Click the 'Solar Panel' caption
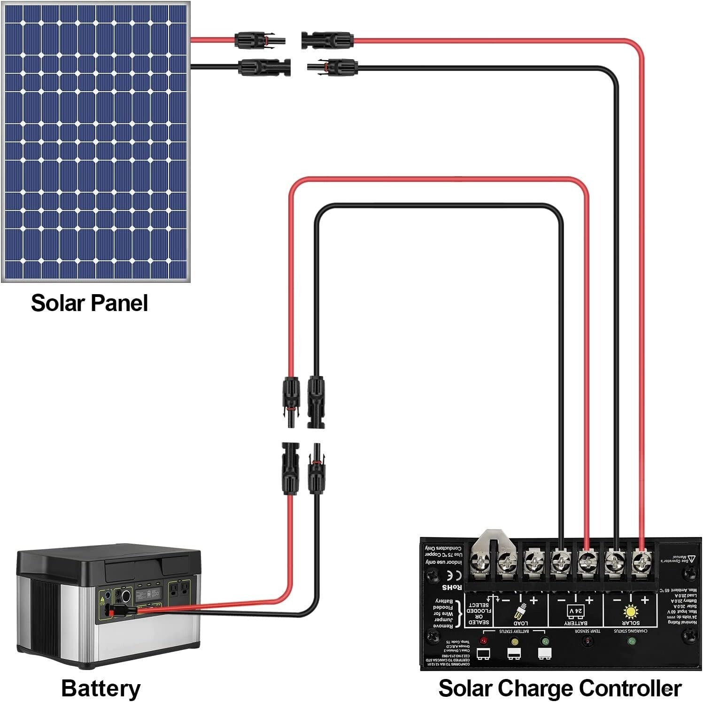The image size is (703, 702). click(x=89, y=303)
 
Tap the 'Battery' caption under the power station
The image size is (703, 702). click(x=100, y=688)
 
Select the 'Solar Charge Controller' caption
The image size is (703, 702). click(x=560, y=688)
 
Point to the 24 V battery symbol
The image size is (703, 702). click(x=576, y=611)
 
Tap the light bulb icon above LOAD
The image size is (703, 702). click(x=520, y=612)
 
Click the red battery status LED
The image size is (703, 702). click(x=484, y=640)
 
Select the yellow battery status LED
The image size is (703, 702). click(x=514, y=640)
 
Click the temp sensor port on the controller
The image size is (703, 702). click(x=586, y=641)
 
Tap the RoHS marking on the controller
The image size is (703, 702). click(x=452, y=587)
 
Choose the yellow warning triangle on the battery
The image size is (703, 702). click(x=102, y=600)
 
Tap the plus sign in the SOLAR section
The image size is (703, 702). click(x=644, y=600)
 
